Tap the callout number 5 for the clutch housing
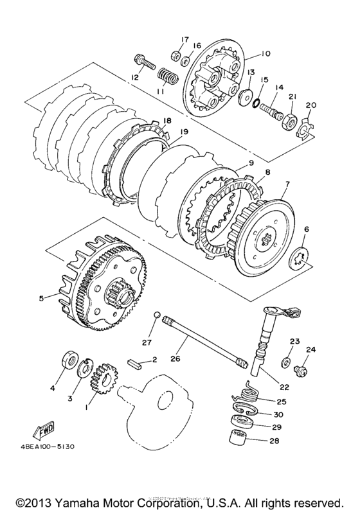(x=42, y=298)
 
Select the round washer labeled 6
(x=299, y=256)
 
